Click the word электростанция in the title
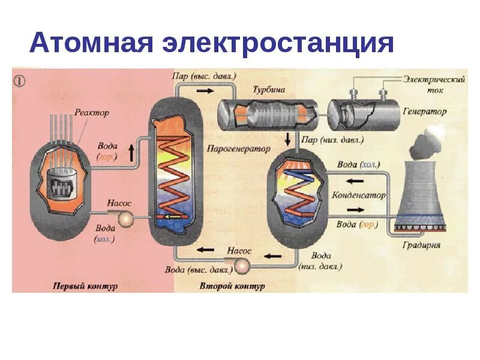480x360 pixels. click(x=277, y=43)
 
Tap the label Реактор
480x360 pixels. click(x=92, y=112)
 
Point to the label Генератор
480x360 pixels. click(x=425, y=112)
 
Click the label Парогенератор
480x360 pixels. click(x=238, y=148)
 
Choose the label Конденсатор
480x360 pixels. click(x=358, y=196)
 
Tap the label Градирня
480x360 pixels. click(x=422, y=245)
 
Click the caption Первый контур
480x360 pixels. click(x=85, y=286)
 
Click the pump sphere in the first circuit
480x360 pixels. click(x=127, y=218)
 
